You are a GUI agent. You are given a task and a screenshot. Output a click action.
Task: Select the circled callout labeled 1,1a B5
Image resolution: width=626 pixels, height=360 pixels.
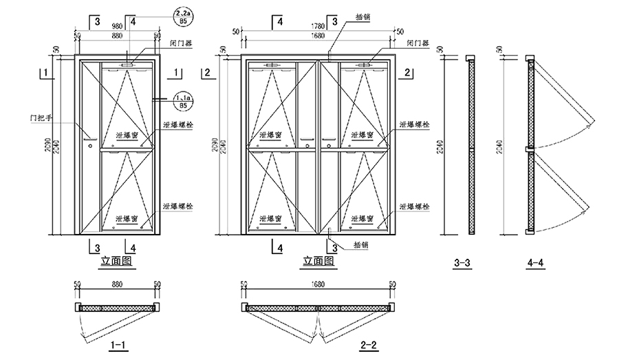click(184, 100)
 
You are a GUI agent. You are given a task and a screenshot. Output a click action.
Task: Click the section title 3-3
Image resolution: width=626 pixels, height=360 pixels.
click(462, 262)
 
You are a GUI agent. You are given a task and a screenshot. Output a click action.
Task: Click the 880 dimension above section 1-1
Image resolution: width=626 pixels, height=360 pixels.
click(117, 284)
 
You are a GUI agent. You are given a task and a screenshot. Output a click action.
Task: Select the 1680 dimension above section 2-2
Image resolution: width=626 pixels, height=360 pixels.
click(318, 284)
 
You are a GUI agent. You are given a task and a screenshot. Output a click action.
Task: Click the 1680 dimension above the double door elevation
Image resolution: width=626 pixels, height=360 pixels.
click(318, 36)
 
